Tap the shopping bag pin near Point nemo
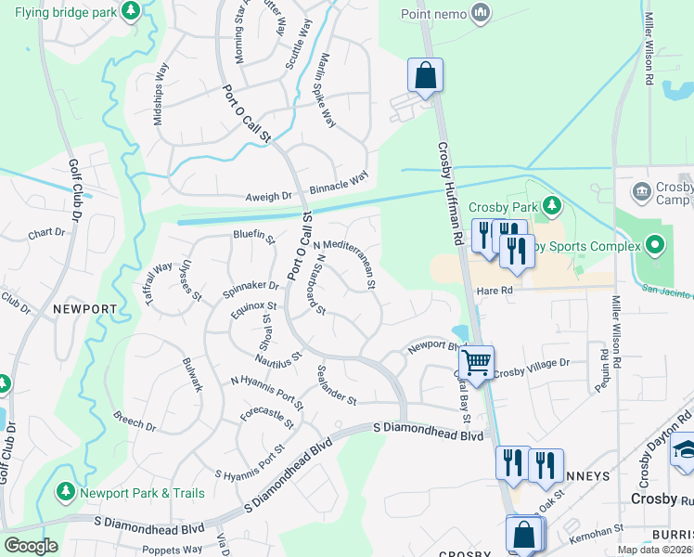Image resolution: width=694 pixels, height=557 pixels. click(x=425, y=76)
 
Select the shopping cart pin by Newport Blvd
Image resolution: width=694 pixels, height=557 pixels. click(x=476, y=362)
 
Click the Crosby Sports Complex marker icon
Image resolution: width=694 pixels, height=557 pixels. click(x=655, y=246)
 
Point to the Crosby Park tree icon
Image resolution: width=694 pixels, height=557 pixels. click(x=552, y=203)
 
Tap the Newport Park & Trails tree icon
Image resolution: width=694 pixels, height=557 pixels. click(x=66, y=491)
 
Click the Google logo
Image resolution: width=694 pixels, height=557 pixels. click(x=30, y=546)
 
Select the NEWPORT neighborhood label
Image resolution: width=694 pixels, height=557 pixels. click(x=84, y=308)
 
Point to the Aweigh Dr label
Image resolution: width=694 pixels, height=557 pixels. click(x=269, y=196)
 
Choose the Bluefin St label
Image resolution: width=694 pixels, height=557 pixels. click(x=254, y=238)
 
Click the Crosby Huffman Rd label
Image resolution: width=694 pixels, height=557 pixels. click(x=448, y=191)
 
